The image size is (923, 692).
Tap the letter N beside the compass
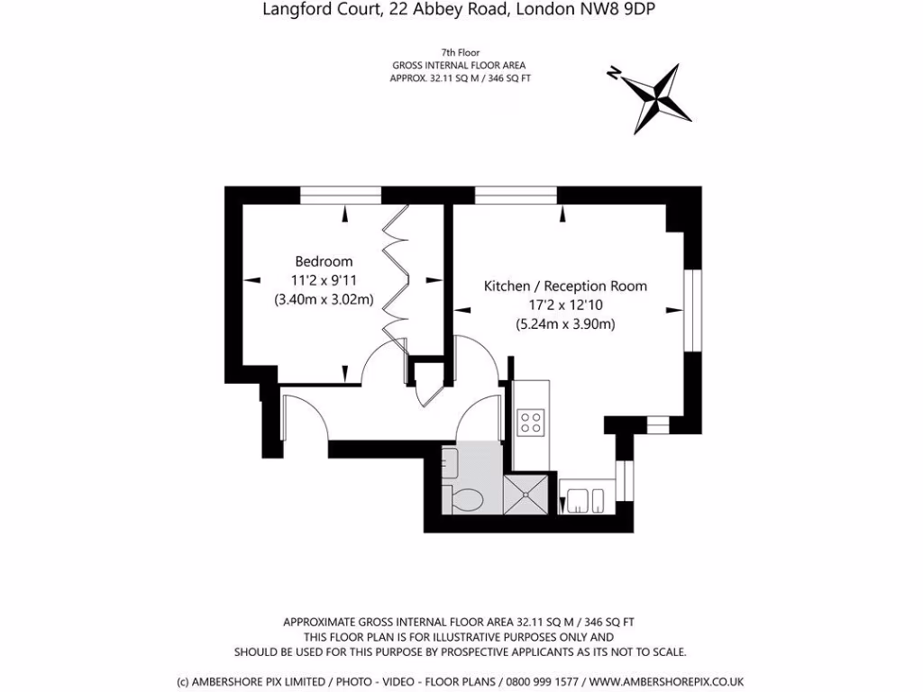[x=614, y=75]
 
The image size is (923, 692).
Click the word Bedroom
[x=324, y=261]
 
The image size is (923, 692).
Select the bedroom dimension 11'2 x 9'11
[x=324, y=281]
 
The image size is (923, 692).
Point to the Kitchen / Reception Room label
[x=565, y=286]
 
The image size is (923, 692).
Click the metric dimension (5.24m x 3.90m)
[x=565, y=324]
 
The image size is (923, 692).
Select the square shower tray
[x=525, y=494]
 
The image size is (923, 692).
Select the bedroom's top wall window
[x=341, y=195]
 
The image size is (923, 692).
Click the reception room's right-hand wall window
[x=692, y=311]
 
